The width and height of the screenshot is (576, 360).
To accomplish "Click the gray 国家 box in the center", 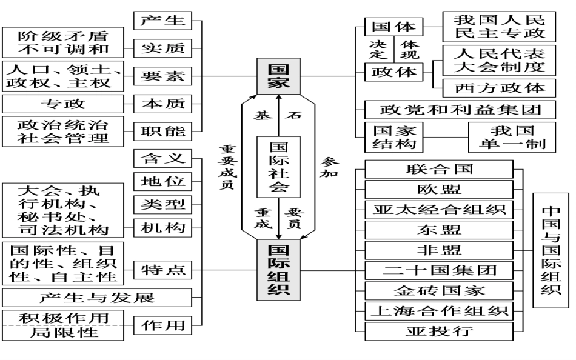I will point(278,76).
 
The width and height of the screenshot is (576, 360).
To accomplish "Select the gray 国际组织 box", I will point(278,270).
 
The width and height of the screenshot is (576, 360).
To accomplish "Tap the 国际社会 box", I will point(278,167).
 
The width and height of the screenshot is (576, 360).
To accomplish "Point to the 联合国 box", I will point(438,168).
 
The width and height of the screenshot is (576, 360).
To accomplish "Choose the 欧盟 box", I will point(438,189).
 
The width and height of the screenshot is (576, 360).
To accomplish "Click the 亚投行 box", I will point(438,332).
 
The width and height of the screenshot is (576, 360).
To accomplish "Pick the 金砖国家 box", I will point(438,290).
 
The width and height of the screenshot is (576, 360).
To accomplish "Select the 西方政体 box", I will point(499,87).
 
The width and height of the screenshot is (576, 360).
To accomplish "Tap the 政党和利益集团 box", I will point(460,109).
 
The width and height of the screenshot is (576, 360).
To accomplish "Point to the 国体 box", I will point(393,27).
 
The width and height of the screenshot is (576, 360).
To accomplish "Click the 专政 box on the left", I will point(63,104).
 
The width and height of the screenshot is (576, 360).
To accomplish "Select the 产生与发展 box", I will point(97,298).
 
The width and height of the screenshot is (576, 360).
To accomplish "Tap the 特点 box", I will point(162,270).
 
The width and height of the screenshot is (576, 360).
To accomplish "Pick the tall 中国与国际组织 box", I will point(551,250).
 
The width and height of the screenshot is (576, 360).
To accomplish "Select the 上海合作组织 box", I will point(438,311).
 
